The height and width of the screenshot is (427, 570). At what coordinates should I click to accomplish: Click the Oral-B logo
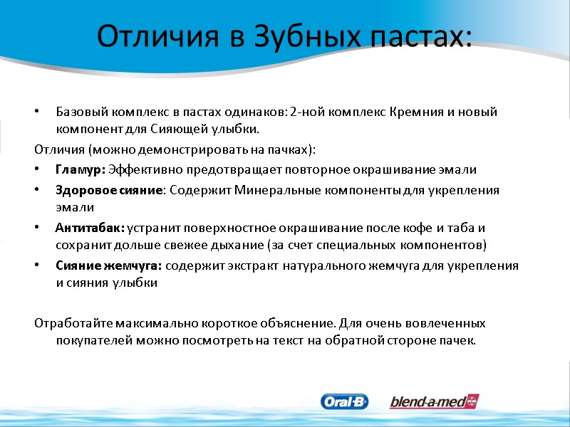pyautogui.click(x=345, y=402)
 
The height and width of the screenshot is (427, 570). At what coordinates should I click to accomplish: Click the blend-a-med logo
pyautogui.click(x=434, y=402)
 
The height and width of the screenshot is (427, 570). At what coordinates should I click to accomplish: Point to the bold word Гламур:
pyautogui.click(x=80, y=169)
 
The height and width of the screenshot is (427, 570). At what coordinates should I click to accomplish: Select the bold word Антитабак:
pyautogui.click(x=89, y=228)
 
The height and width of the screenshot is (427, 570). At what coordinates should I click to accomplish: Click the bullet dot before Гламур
pyautogui.click(x=36, y=170)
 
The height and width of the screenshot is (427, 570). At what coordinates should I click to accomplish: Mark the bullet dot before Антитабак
pyautogui.click(x=36, y=228)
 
